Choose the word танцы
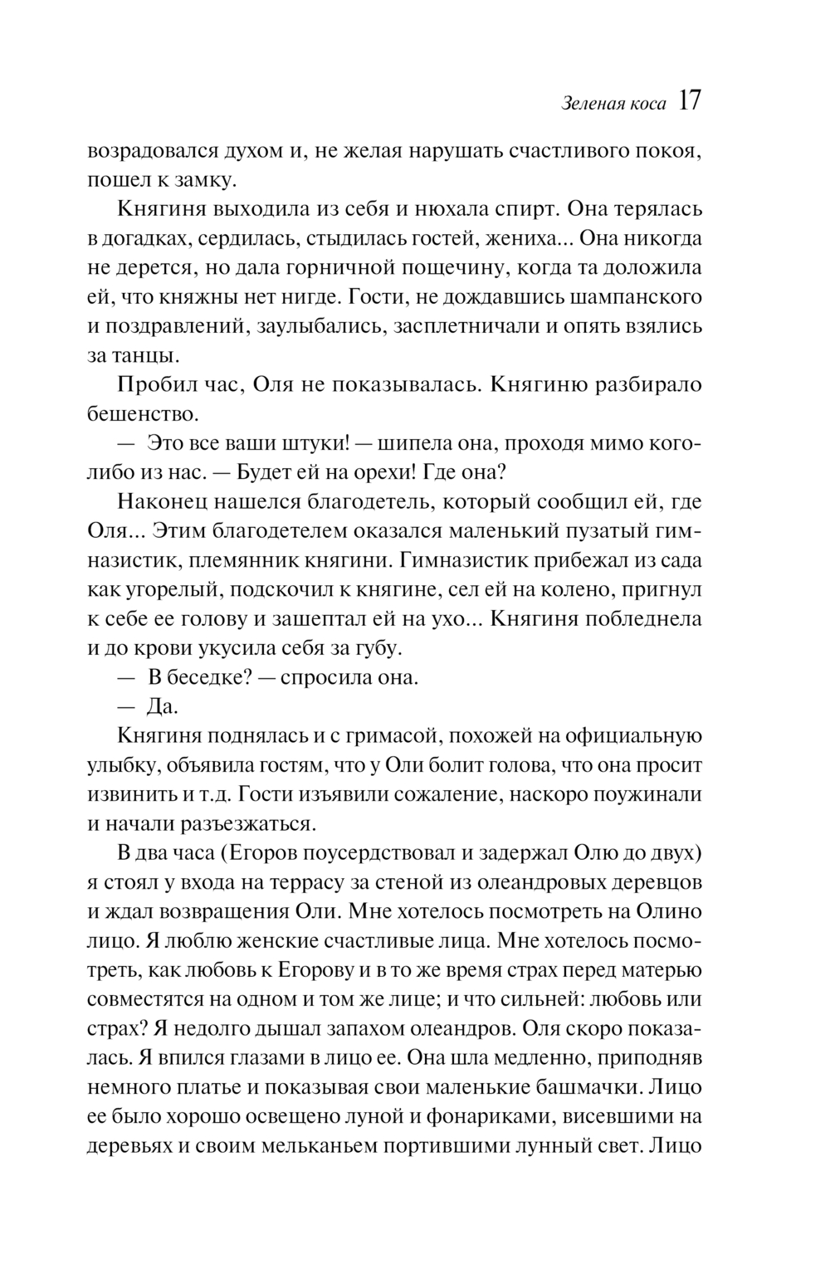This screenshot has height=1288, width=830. click(x=144, y=356)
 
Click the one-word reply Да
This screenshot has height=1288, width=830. click(x=163, y=706)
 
